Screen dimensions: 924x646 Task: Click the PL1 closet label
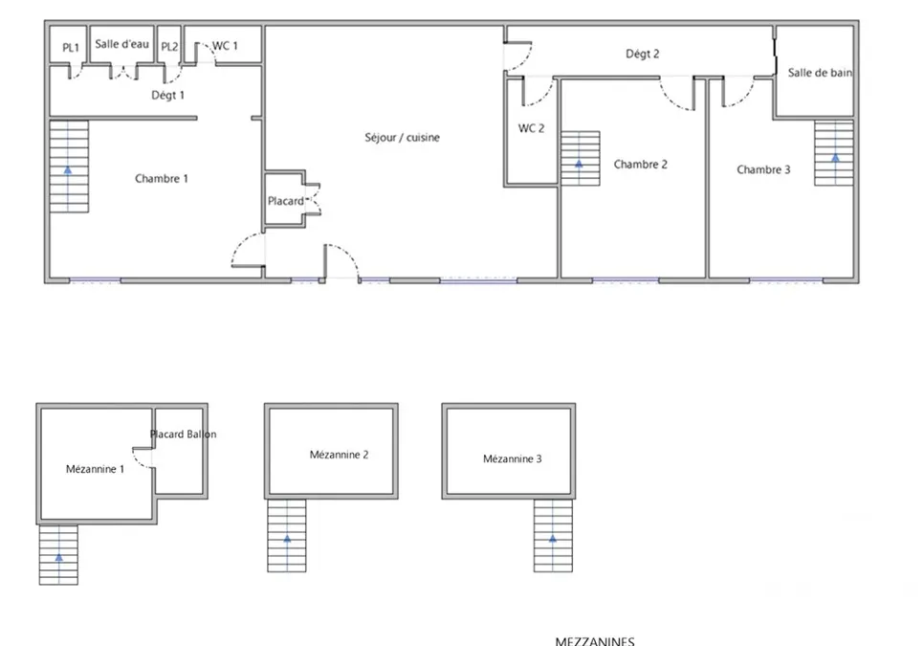click(x=71, y=48)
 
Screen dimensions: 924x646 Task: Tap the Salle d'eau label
click(x=122, y=44)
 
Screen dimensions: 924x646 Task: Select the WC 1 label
click(x=225, y=46)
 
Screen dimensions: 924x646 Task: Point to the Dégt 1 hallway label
click(x=168, y=95)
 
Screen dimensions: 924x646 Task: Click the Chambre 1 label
click(x=162, y=179)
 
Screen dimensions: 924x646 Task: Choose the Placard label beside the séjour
click(x=286, y=201)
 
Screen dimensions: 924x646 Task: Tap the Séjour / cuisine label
click(x=403, y=137)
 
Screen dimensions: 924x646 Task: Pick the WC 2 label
click(x=531, y=128)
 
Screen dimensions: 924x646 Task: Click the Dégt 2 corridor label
click(x=643, y=54)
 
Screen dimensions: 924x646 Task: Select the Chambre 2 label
click(x=641, y=165)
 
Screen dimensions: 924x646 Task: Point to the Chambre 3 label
click(x=763, y=169)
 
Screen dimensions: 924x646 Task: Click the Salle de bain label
click(x=820, y=73)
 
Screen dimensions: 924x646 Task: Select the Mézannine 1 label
click(x=95, y=469)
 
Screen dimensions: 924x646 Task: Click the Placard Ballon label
click(x=184, y=434)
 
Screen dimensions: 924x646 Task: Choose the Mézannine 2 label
click(x=339, y=455)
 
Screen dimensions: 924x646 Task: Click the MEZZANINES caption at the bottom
click(x=595, y=641)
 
